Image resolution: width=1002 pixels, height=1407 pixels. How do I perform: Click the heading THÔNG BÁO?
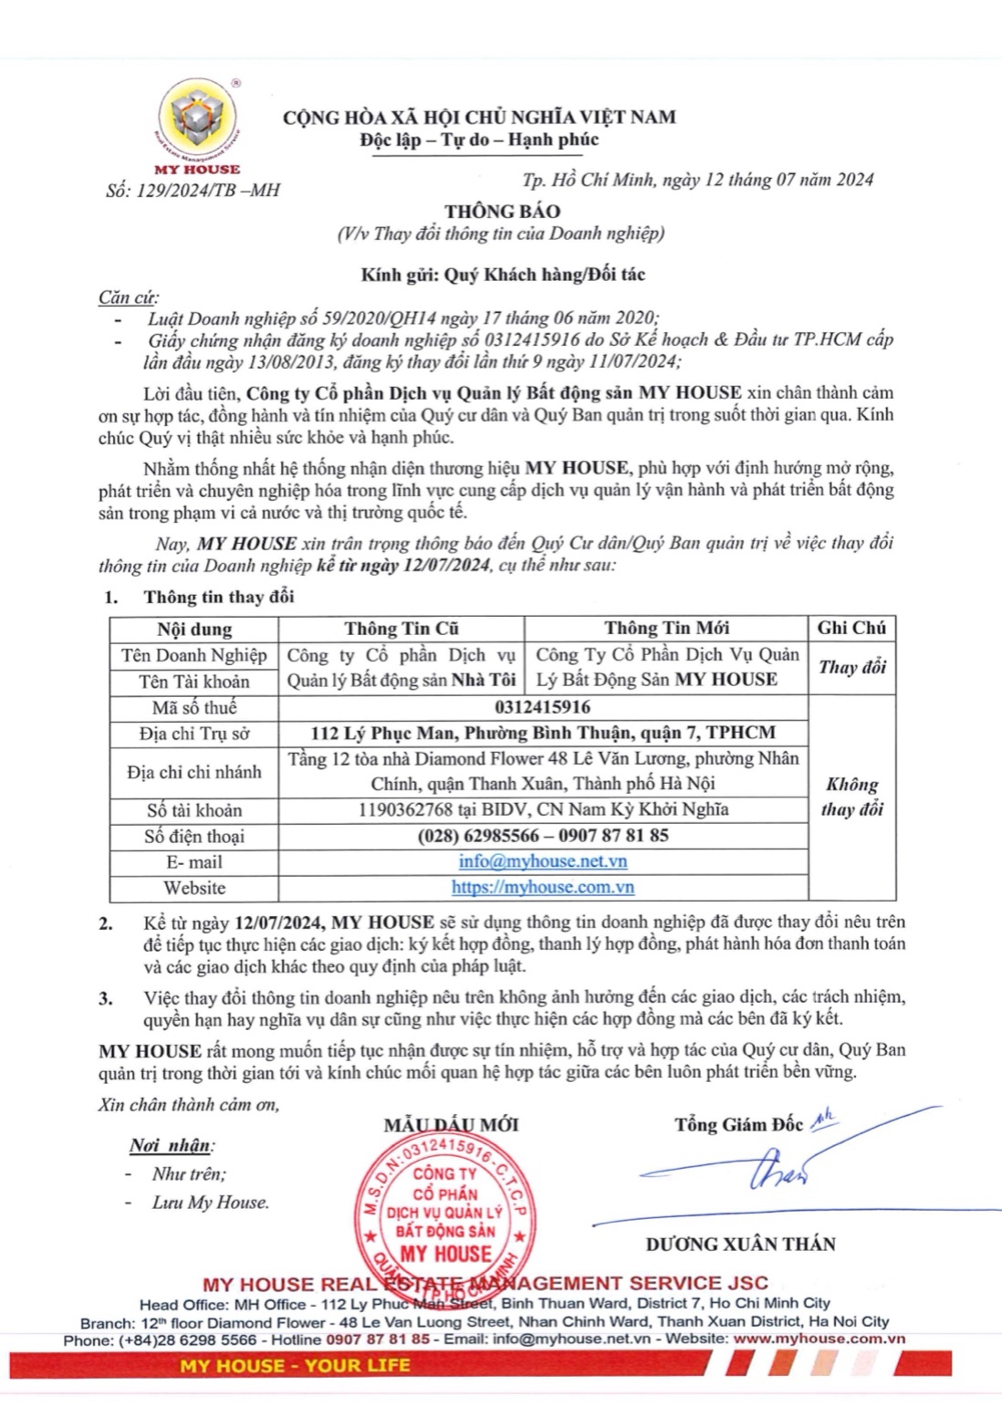(502, 211)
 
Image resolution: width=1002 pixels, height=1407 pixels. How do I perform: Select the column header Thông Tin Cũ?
(402, 628)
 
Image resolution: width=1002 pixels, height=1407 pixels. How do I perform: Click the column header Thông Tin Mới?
(666, 628)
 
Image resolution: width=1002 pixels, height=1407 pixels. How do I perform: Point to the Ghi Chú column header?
(851, 628)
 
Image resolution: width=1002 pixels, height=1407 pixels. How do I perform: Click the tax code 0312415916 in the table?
(542, 707)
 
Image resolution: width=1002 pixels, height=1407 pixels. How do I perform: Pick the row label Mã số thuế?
(193, 707)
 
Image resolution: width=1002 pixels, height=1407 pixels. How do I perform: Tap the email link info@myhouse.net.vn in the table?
(542, 861)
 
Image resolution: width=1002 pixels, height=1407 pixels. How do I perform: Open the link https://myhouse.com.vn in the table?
(542, 887)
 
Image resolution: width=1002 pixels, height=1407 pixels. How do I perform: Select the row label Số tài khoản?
(193, 809)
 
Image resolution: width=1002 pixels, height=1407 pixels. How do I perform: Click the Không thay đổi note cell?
(851, 797)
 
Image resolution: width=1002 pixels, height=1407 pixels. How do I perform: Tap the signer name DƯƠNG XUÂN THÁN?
(740, 1244)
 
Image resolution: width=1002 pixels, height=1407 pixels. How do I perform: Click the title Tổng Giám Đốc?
(739, 1124)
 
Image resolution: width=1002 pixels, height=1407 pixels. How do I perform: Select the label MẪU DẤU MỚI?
(451, 1125)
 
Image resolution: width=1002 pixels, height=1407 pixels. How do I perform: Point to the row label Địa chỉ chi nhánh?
(193, 772)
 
